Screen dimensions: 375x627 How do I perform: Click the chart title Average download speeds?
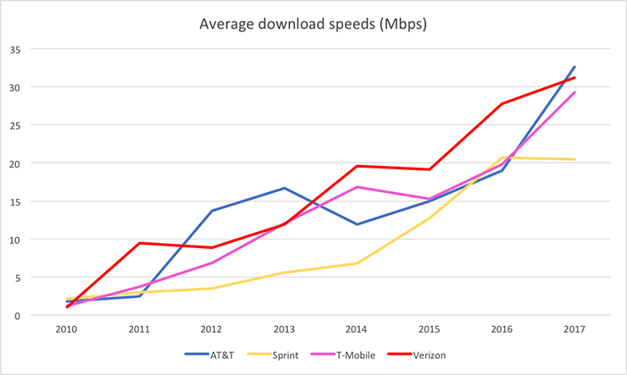pyautogui.click(x=313, y=25)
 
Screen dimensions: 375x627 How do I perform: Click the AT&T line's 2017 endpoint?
pyautogui.click(x=575, y=67)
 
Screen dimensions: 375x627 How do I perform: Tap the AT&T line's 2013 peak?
pyautogui.click(x=284, y=188)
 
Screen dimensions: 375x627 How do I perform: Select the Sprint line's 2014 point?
pyautogui.click(x=357, y=263)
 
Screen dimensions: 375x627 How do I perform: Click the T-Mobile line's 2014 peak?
pyautogui.click(x=357, y=186)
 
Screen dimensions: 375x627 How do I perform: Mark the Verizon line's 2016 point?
pyautogui.click(x=502, y=103)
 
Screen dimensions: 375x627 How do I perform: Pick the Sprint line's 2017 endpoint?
pyautogui.click(x=575, y=159)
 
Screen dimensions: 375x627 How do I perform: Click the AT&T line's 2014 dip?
pyautogui.click(x=357, y=224)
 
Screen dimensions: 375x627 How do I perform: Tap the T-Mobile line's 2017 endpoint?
pyautogui.click(x=575, y=92)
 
